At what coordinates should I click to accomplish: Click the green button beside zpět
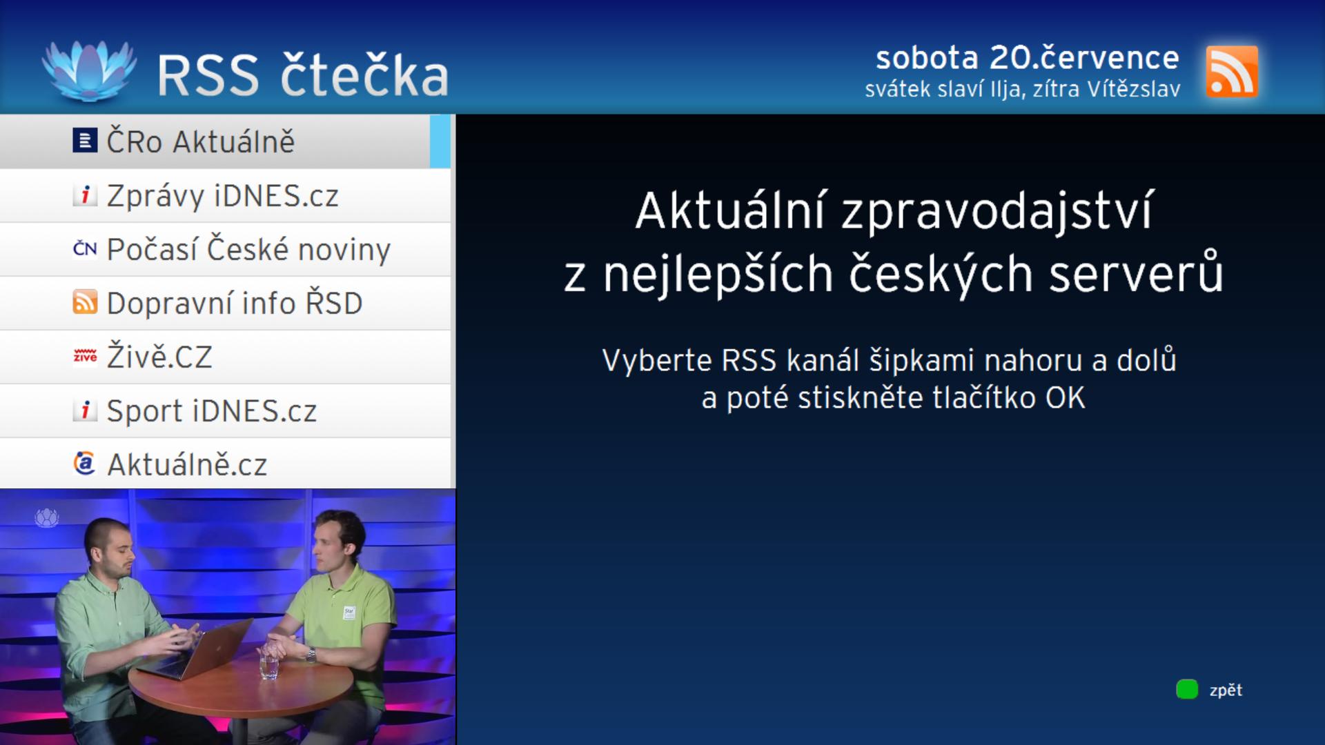[1187, 689]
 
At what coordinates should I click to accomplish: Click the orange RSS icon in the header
[1232, 72]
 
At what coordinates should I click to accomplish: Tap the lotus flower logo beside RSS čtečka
[88, 70]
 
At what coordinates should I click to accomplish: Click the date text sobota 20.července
[1028, 58]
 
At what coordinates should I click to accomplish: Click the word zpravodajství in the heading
[997, 212]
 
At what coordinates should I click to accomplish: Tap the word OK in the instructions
[1066, 398]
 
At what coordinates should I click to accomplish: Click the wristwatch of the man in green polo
[311, 653]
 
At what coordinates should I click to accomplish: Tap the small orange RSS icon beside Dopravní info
[85, 302]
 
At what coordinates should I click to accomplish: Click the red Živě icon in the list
[85, 356]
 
